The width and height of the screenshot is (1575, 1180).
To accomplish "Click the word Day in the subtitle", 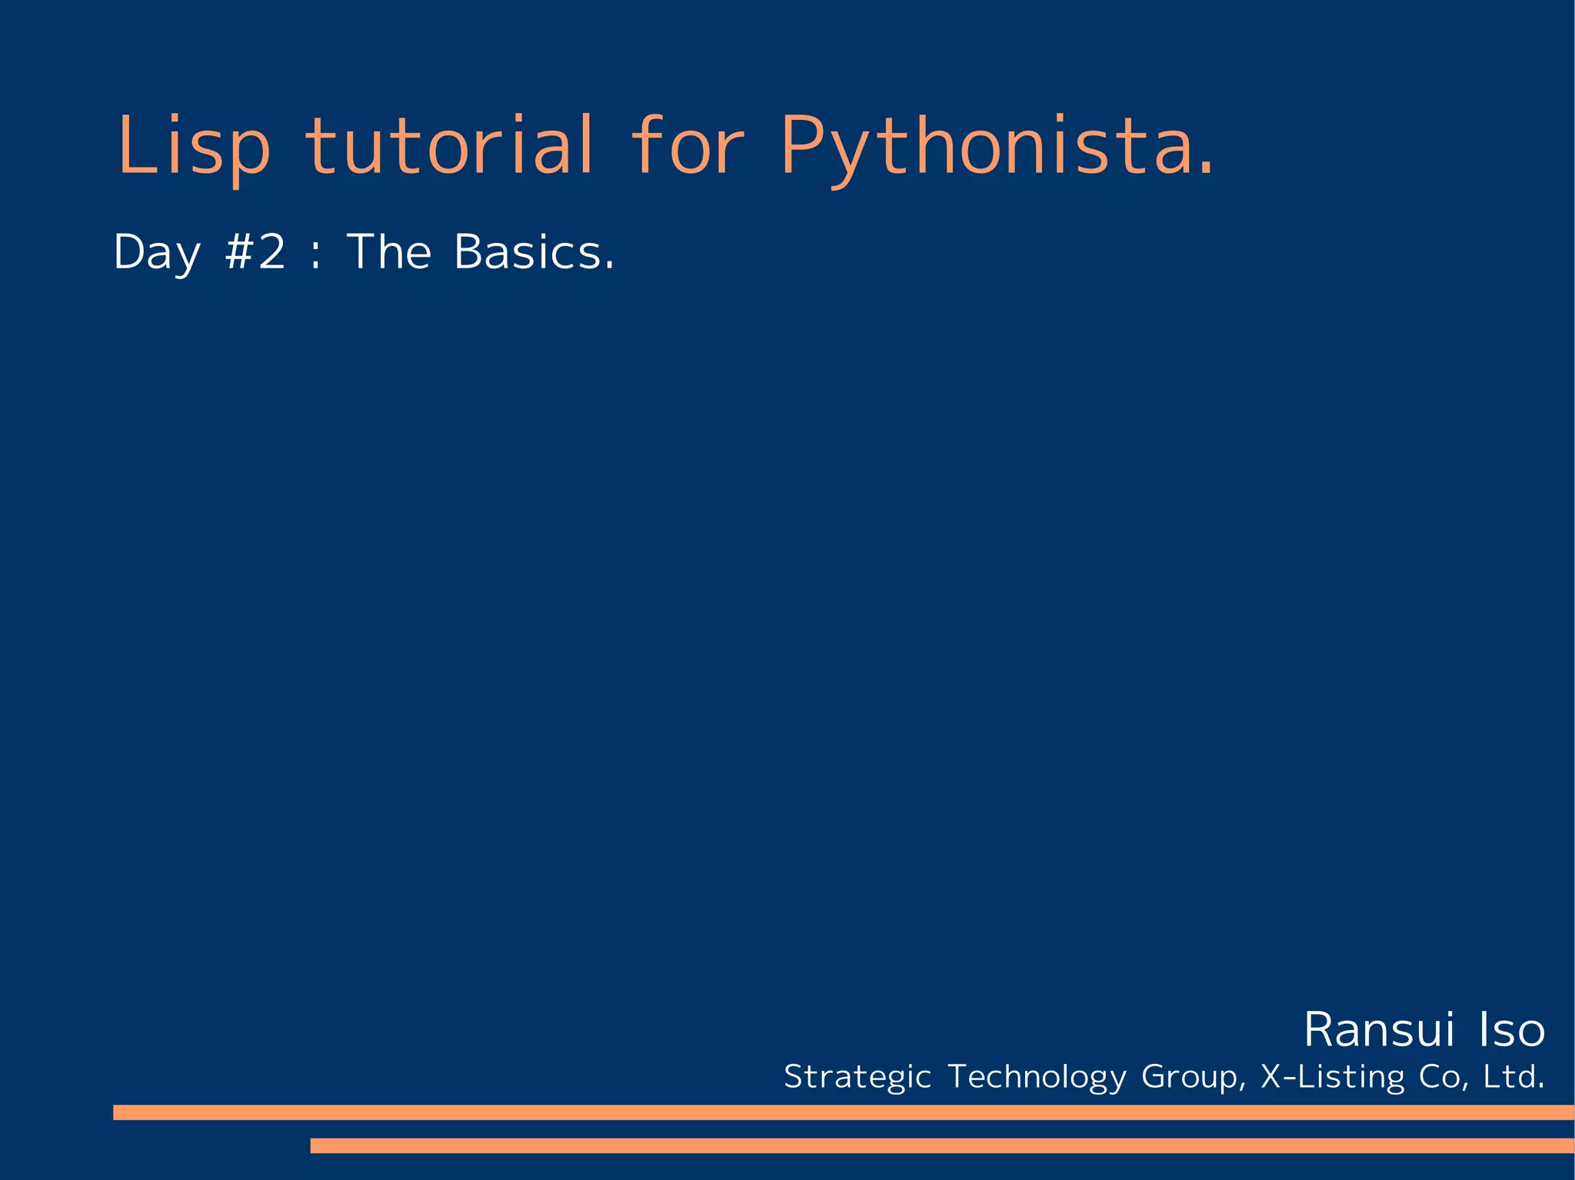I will click(157, 253).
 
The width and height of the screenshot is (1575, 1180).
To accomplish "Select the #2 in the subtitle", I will click(255, 251).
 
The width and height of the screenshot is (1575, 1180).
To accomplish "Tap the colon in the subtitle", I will click(315, 254).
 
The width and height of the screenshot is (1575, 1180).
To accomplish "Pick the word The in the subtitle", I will click(389, 251).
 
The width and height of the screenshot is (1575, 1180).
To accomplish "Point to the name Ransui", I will click(1378, 1030).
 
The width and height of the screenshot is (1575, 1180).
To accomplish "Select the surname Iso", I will click(1511, 1030).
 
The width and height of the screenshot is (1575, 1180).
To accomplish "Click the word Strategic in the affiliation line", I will click(857, 1077).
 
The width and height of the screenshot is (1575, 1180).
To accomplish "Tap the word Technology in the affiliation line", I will click(1037, 1077).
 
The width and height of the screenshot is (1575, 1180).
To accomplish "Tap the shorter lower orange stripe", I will click(941, 1145).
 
